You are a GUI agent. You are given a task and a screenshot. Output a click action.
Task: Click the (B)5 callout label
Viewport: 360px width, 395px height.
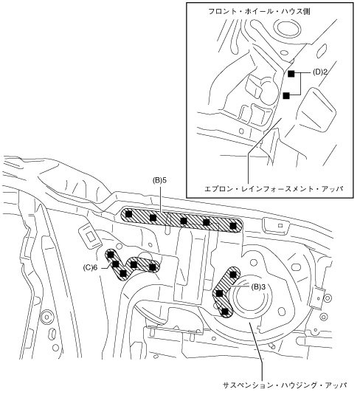point(159,181)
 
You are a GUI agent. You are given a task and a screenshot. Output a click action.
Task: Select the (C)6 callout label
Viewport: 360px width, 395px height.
point(90,268)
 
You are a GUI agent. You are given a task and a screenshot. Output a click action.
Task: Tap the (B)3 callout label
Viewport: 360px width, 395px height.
point(258,286)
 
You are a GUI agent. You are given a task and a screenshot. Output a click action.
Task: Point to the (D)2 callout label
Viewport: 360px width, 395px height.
point(320,72)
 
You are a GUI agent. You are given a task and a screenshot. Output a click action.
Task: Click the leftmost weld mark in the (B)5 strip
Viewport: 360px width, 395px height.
point(128,214)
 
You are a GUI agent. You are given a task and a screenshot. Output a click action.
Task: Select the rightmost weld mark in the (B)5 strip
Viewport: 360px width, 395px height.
point(233,226)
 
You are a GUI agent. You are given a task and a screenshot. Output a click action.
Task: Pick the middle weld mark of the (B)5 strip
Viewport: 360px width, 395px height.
point(184,221)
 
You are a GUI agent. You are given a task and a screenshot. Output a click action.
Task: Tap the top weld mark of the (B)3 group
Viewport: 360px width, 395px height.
point(233,274)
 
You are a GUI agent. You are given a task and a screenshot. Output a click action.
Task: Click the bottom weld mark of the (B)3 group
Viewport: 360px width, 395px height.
point(226,312)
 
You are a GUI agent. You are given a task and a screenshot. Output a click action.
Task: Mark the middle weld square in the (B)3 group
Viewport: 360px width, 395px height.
point(220,293)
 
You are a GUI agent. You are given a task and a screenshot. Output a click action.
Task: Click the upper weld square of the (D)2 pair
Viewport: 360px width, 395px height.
point(291,74)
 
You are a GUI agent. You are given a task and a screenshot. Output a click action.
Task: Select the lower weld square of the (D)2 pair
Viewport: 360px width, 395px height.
point(286,96)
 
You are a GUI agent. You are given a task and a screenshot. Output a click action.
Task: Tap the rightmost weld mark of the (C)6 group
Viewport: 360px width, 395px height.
point(152,267)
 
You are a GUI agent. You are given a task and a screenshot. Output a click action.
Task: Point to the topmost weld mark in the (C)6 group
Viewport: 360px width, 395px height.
point(111,255)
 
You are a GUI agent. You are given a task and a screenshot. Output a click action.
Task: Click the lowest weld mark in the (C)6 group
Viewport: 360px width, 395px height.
point(123,273)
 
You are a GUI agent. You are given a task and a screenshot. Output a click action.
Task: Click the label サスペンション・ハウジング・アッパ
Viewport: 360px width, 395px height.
point(285,385)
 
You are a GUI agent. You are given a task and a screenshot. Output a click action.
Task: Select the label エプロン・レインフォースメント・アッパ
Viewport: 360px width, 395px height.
point(274,189)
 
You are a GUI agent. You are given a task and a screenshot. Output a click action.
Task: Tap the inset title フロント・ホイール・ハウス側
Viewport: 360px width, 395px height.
point(259,11)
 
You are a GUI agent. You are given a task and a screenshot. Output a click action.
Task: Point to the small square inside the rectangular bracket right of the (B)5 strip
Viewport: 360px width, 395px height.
point(281,225)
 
